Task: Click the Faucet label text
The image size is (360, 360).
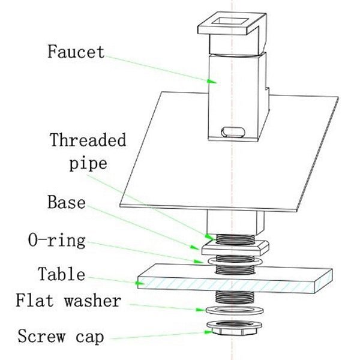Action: pyautogui.click(x=76, y=52)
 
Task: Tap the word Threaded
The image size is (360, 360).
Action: pyautogui.click(x=88, y=142)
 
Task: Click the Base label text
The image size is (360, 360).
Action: pyautogui.click(x=66, y=202)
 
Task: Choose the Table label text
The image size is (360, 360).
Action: pyautogui.click(x=61, y=275)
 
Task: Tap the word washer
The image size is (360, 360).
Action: pyautogui.click(x=92, y=301)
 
